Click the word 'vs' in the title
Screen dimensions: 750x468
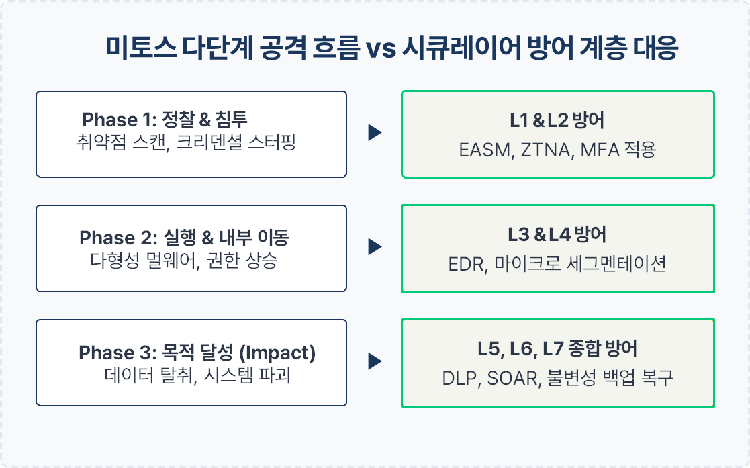click(x=381, y=49)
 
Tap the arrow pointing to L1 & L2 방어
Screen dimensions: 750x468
click(x=375, y=132)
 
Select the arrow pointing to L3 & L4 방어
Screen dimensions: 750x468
click(x=375, y=247)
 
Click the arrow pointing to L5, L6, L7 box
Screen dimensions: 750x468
click(x=375, y=361)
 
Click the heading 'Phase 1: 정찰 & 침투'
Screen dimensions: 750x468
click(x=165, y=119)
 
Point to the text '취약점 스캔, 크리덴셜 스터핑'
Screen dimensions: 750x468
click(x=186, y=142)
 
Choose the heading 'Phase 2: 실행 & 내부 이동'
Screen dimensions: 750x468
click(x=184, y=238)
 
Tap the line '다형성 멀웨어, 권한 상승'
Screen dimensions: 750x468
click(x=184, y=261)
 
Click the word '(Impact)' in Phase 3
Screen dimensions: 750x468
click(x=277, y=353)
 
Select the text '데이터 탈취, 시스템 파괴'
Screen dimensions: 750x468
click(x=197, y=375)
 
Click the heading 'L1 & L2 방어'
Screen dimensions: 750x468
click(x=557, y=120)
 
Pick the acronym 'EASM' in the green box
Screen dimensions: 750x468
click(x=485, y=150)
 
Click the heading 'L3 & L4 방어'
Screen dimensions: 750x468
click(x=557, y=234)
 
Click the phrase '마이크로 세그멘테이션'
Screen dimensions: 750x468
click(x=579, y=264)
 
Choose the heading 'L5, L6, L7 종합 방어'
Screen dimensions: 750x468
click(x=557, y=349)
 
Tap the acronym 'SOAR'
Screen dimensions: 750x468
click(x=512, y=379)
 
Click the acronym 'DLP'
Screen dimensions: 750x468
click(x=460, y=379)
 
